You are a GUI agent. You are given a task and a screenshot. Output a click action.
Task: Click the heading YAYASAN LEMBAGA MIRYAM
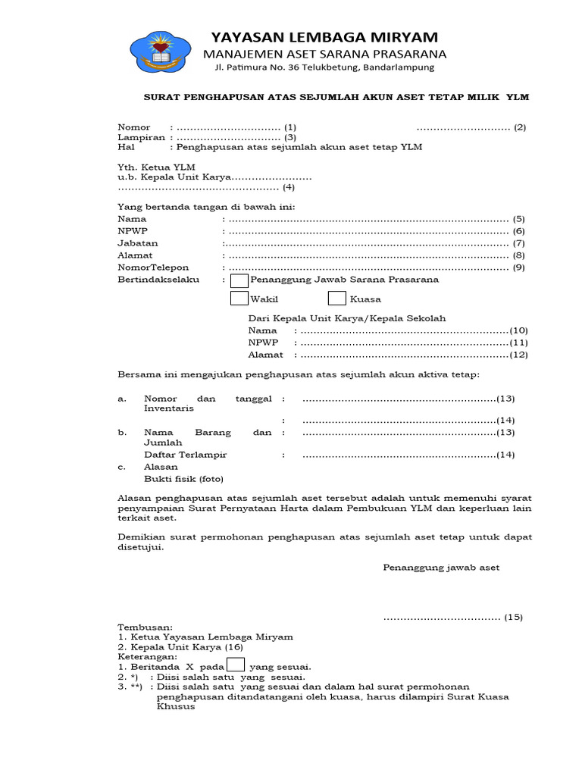pyautogui.click(x=324, y=38)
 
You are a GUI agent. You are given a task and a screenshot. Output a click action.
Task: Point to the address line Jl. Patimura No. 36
pyautogui.click(x=324, y=67)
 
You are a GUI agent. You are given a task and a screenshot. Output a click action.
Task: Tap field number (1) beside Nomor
pyautogui.click(x=290, y=127)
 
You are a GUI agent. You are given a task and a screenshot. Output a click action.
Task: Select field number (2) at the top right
pyautogui.click(x=519, y=127)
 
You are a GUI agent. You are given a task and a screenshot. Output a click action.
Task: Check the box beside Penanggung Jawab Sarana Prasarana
pyautogui.click(x=239, y=280)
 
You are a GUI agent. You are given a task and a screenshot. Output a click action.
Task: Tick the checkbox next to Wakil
pyautogui.click(x=239, y=299)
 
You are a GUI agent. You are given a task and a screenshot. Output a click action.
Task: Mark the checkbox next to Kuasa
pyautogui.click(x=337, y=299)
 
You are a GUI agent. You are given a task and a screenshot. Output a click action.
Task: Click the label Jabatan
pyautogui.click(x=137, y=243)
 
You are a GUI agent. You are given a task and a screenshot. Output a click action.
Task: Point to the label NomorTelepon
pyautogui.click(x=153, y=268)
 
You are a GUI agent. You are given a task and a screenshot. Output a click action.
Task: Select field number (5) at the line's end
pyautogui.click(x=519, y=219)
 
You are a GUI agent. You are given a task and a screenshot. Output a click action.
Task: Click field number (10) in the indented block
pyautogui.click(x=518, y=330)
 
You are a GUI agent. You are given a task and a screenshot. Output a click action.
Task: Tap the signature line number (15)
pyautogui.click(x=515, y=617)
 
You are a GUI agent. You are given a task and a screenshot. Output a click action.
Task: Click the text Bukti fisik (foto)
pyautogui.click(x=183, y=479)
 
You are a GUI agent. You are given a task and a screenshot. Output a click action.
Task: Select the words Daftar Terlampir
pyautogui.click(x=185, y=455)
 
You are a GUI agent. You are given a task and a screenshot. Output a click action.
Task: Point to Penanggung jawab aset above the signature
pyautogui.click(x=441, y=568)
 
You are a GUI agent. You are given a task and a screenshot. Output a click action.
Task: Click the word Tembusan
pyautogui.click(x=145, y=627)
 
